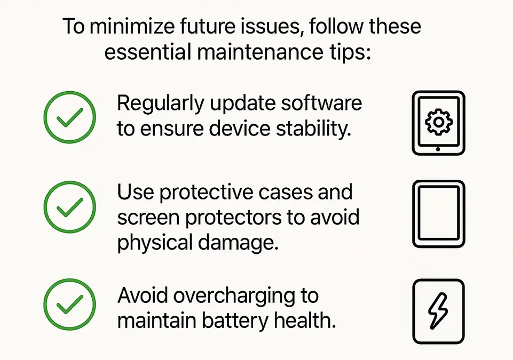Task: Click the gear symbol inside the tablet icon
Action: (438, 122)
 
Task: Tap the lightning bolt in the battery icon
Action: (438, 311)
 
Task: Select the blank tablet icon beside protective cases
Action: (438, 214)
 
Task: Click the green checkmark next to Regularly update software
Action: (69, 116)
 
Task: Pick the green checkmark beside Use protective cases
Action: (69, 209)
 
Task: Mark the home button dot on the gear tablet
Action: (438, 149)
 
